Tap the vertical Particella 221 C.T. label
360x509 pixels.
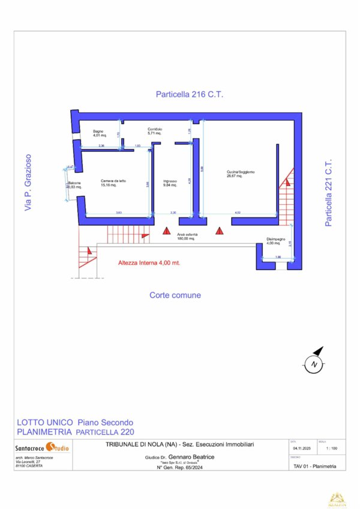coord(328,193)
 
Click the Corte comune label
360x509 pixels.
coord(175,295)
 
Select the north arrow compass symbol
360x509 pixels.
coord(313,362)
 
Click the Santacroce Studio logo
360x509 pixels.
coord(42,448)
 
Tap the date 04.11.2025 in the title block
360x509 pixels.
coord(301,448)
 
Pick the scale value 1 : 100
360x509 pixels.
coord(330,448)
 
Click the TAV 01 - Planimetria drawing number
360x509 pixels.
coord(315,466)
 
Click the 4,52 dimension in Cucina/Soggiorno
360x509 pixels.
coord(238,212)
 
